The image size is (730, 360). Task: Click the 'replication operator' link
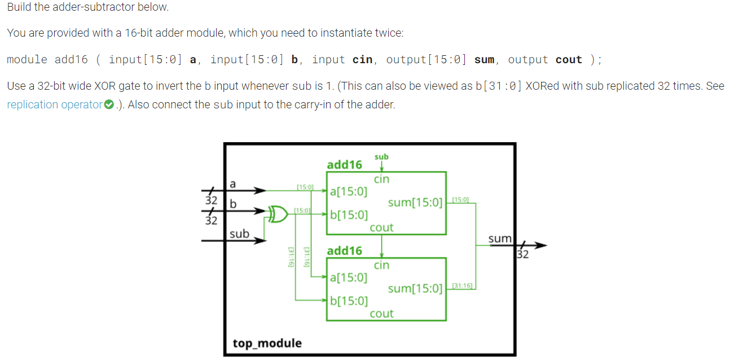55,104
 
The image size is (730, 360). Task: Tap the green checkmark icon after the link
109,104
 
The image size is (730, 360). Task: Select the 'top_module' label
267,343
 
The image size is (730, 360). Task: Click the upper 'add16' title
344,165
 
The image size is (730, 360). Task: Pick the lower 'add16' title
344,251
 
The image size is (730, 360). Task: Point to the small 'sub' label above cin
381,156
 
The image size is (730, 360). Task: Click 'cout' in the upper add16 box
381,227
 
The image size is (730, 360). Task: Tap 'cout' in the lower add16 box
381,313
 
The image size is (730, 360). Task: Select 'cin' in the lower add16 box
381,265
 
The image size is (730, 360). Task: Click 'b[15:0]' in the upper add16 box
349,214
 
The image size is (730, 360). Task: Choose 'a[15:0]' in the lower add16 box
349,277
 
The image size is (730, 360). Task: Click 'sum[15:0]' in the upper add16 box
415,202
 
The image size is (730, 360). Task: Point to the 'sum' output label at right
500,239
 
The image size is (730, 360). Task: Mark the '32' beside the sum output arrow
523,254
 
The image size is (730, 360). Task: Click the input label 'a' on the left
233,183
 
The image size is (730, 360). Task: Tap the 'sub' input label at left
239,233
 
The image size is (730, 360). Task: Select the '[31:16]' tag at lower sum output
463,286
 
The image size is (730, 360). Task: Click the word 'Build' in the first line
20,7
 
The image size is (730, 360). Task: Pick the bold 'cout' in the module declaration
569,60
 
